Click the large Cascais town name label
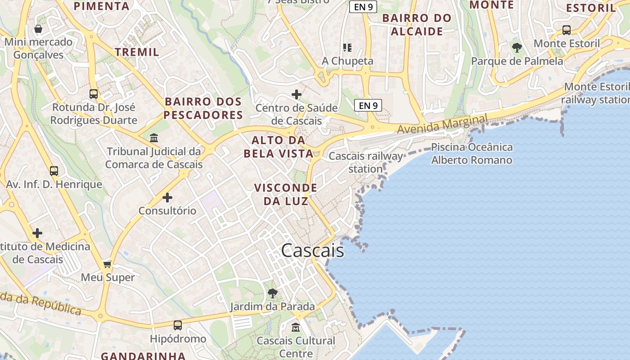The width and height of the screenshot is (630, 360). [x=313, y=251]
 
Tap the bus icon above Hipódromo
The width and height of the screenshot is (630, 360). [x=178, y=325]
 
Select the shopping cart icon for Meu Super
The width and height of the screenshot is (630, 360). [x=107, y=264]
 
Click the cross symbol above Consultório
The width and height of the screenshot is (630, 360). [x=167, y=197]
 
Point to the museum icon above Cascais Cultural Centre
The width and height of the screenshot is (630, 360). [x=296, y=327]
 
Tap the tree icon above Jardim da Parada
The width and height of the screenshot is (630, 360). [x=272, y=293]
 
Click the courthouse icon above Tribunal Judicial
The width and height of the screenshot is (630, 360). [x=154, y=137]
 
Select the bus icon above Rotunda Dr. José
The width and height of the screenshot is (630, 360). [x=94, y=94]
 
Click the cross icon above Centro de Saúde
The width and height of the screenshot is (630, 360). [x=297, y=94]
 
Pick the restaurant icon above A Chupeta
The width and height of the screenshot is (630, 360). [x=347, y=47]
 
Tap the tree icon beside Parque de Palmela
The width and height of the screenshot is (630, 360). [x=517, y=47]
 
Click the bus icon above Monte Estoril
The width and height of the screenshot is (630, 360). [x=567, y=30]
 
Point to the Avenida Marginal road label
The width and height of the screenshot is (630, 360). [x=442, y=124]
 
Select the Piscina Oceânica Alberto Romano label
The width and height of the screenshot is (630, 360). [x=472, y=153]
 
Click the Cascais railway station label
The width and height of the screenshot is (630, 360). [x=366, y=162]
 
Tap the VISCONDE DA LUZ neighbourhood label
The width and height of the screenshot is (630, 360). [x=286, y=194]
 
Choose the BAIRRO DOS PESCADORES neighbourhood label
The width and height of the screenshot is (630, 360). [x=203, y=108]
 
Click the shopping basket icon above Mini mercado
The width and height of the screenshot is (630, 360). [x=39, y=29]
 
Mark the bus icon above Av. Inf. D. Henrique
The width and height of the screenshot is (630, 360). [x=54, y=171]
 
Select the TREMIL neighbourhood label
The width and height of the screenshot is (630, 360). [x=137, y=52]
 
